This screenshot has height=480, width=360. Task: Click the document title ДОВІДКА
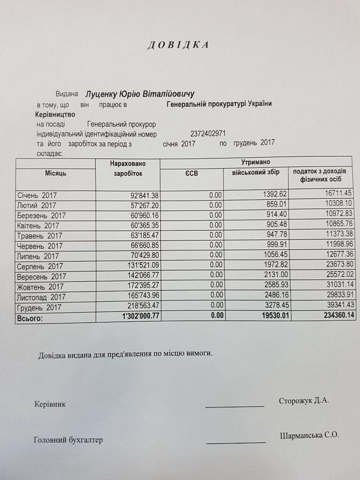pyautogui.click(x=177, y=45)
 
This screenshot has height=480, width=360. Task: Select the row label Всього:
pyautogui.click(x=30, y=317)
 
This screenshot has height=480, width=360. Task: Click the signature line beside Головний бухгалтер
pyautogui.click(x=235, y=442)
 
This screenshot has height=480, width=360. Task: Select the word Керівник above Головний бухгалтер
pyautogui.click(x=49, y=404)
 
